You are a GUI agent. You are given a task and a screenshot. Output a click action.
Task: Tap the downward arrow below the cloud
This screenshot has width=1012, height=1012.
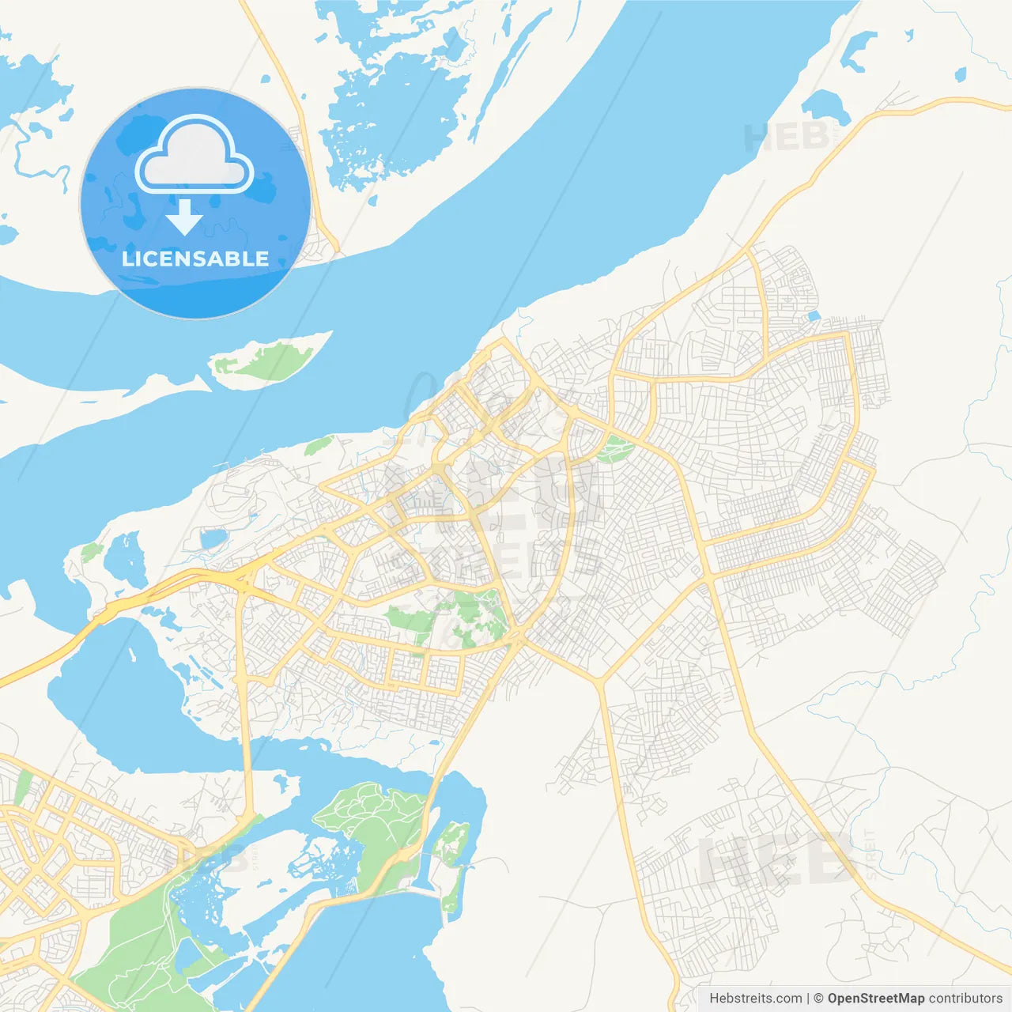[x=184, y=217]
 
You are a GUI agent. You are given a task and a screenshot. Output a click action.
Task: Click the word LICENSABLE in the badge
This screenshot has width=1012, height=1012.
[x=195, y=259]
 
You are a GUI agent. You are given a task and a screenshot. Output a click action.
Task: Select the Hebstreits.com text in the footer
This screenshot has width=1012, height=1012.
[x=755, y=999]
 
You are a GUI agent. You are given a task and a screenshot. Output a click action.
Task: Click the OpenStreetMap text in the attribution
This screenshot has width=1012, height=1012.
[x=875, y=999]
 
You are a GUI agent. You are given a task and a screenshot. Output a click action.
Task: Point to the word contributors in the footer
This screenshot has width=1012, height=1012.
[x=965, y=999]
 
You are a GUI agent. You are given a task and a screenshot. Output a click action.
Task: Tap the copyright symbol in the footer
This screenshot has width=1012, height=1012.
[x=818, y=999]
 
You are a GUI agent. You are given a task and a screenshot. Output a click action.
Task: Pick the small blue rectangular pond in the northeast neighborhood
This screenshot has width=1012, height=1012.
[x=814, y=316]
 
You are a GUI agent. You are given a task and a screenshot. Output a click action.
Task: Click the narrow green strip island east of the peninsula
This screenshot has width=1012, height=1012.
[x=452, y=862]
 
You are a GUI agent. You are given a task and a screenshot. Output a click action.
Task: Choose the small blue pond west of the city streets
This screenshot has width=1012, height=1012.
[x=213, y=539]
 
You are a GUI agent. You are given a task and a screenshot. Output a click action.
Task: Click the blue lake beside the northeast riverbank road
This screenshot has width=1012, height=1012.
[x=826, y=107]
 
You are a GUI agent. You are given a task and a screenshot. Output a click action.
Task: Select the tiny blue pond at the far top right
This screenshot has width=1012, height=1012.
[x=960, y=75]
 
